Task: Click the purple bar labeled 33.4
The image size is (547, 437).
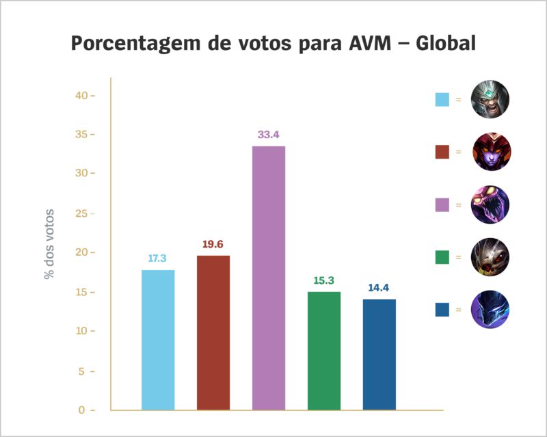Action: (x=269, y=278)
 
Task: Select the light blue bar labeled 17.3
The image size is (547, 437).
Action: (x=158, y=340)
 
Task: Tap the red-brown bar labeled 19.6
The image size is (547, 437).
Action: (x=213, y=332)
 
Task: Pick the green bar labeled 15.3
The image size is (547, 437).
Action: (x=324, y=351)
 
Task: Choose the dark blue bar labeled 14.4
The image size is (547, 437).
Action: (x=379, y=354)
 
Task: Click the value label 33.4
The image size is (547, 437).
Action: (x=269, y=135)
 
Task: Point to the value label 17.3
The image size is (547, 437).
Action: (x=158, y=259)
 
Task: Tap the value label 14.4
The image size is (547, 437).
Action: (x=379, y=288)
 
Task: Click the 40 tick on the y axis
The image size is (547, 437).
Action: (x=83, y=95)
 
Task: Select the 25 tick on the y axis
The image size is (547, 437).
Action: (x=83, y=213)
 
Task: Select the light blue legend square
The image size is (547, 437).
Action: (x=442, y=100)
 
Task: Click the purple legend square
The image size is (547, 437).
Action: (x=442, y=204)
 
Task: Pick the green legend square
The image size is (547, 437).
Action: (x=442, y=257)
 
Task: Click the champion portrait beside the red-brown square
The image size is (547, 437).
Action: (x=491, y=152)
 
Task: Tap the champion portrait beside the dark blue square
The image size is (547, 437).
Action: (x=491, y=309)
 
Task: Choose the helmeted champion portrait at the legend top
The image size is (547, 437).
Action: (x=491, y=100)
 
